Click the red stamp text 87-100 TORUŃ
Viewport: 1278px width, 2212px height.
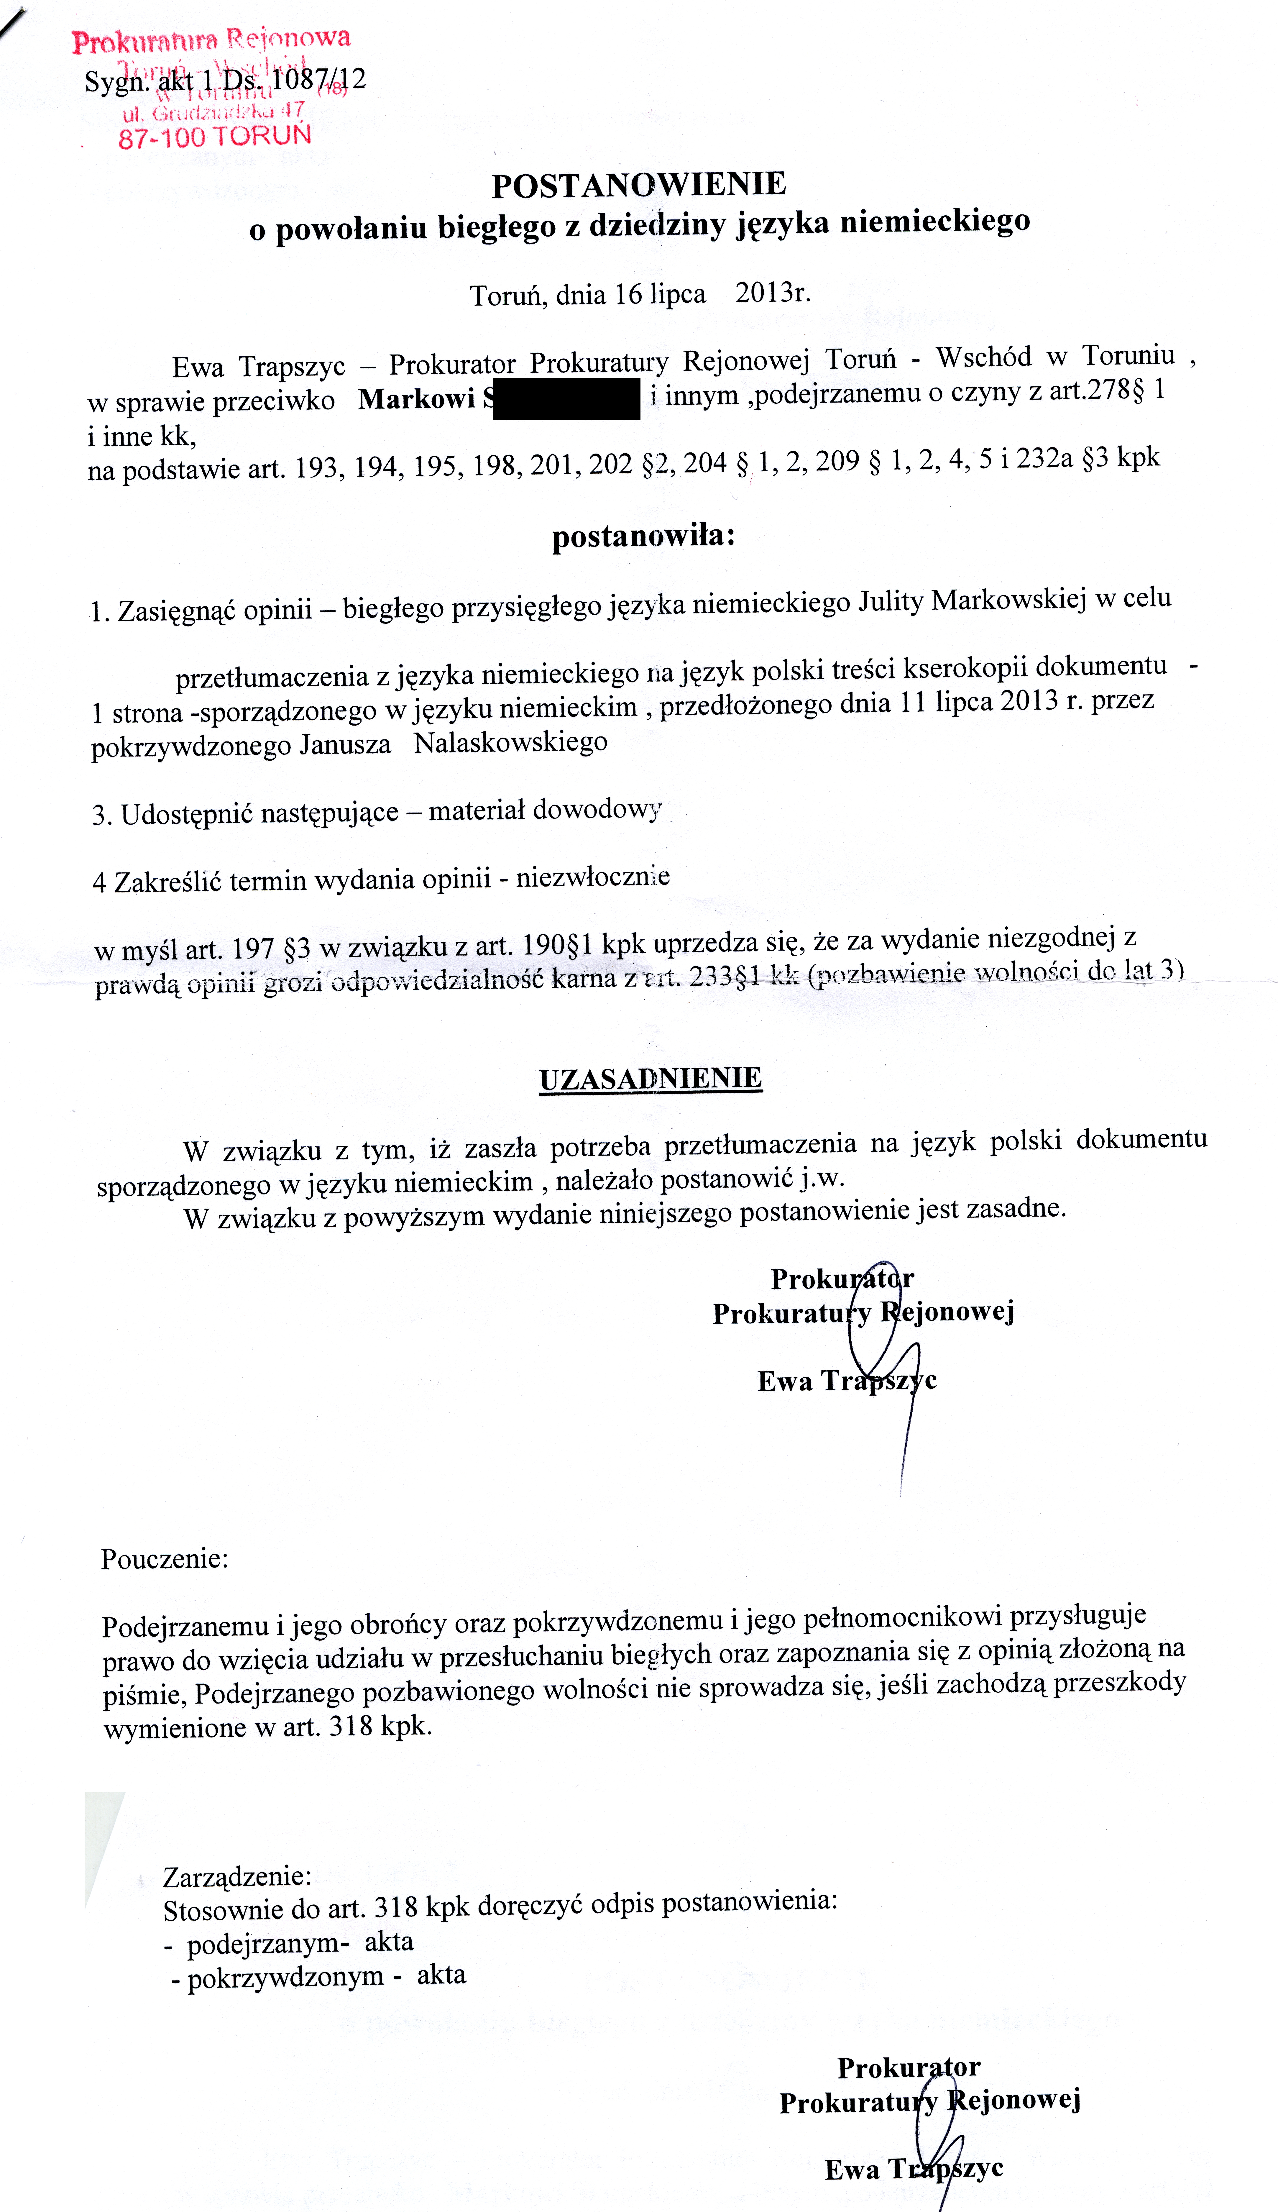coord(215,136)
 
